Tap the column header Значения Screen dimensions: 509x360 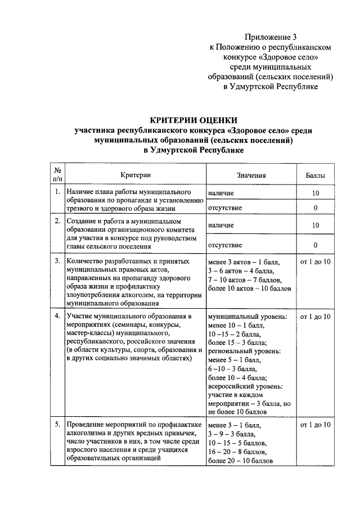(x=251, y=175)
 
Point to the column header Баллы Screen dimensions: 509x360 (x=315, y=175)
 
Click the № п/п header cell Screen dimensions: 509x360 (x=57, y=175)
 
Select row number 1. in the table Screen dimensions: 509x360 (x=57, y=192)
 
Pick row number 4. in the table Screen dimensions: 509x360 (x=57, y=317)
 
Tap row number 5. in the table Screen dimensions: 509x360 (x=57, y=425)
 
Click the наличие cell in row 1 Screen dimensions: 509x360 (x=221, y=193)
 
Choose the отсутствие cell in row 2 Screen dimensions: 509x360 (x=225, y=245)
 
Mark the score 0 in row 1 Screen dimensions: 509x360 (x=315, y=208)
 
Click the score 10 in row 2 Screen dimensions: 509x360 (x=315, y=225)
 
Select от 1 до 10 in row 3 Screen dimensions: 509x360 (x=316, y=262)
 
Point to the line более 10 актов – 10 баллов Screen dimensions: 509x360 (x=250, y=289)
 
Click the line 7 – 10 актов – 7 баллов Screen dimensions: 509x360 (x=244, y=280)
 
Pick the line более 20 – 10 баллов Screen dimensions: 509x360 (x=240, y=461)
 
